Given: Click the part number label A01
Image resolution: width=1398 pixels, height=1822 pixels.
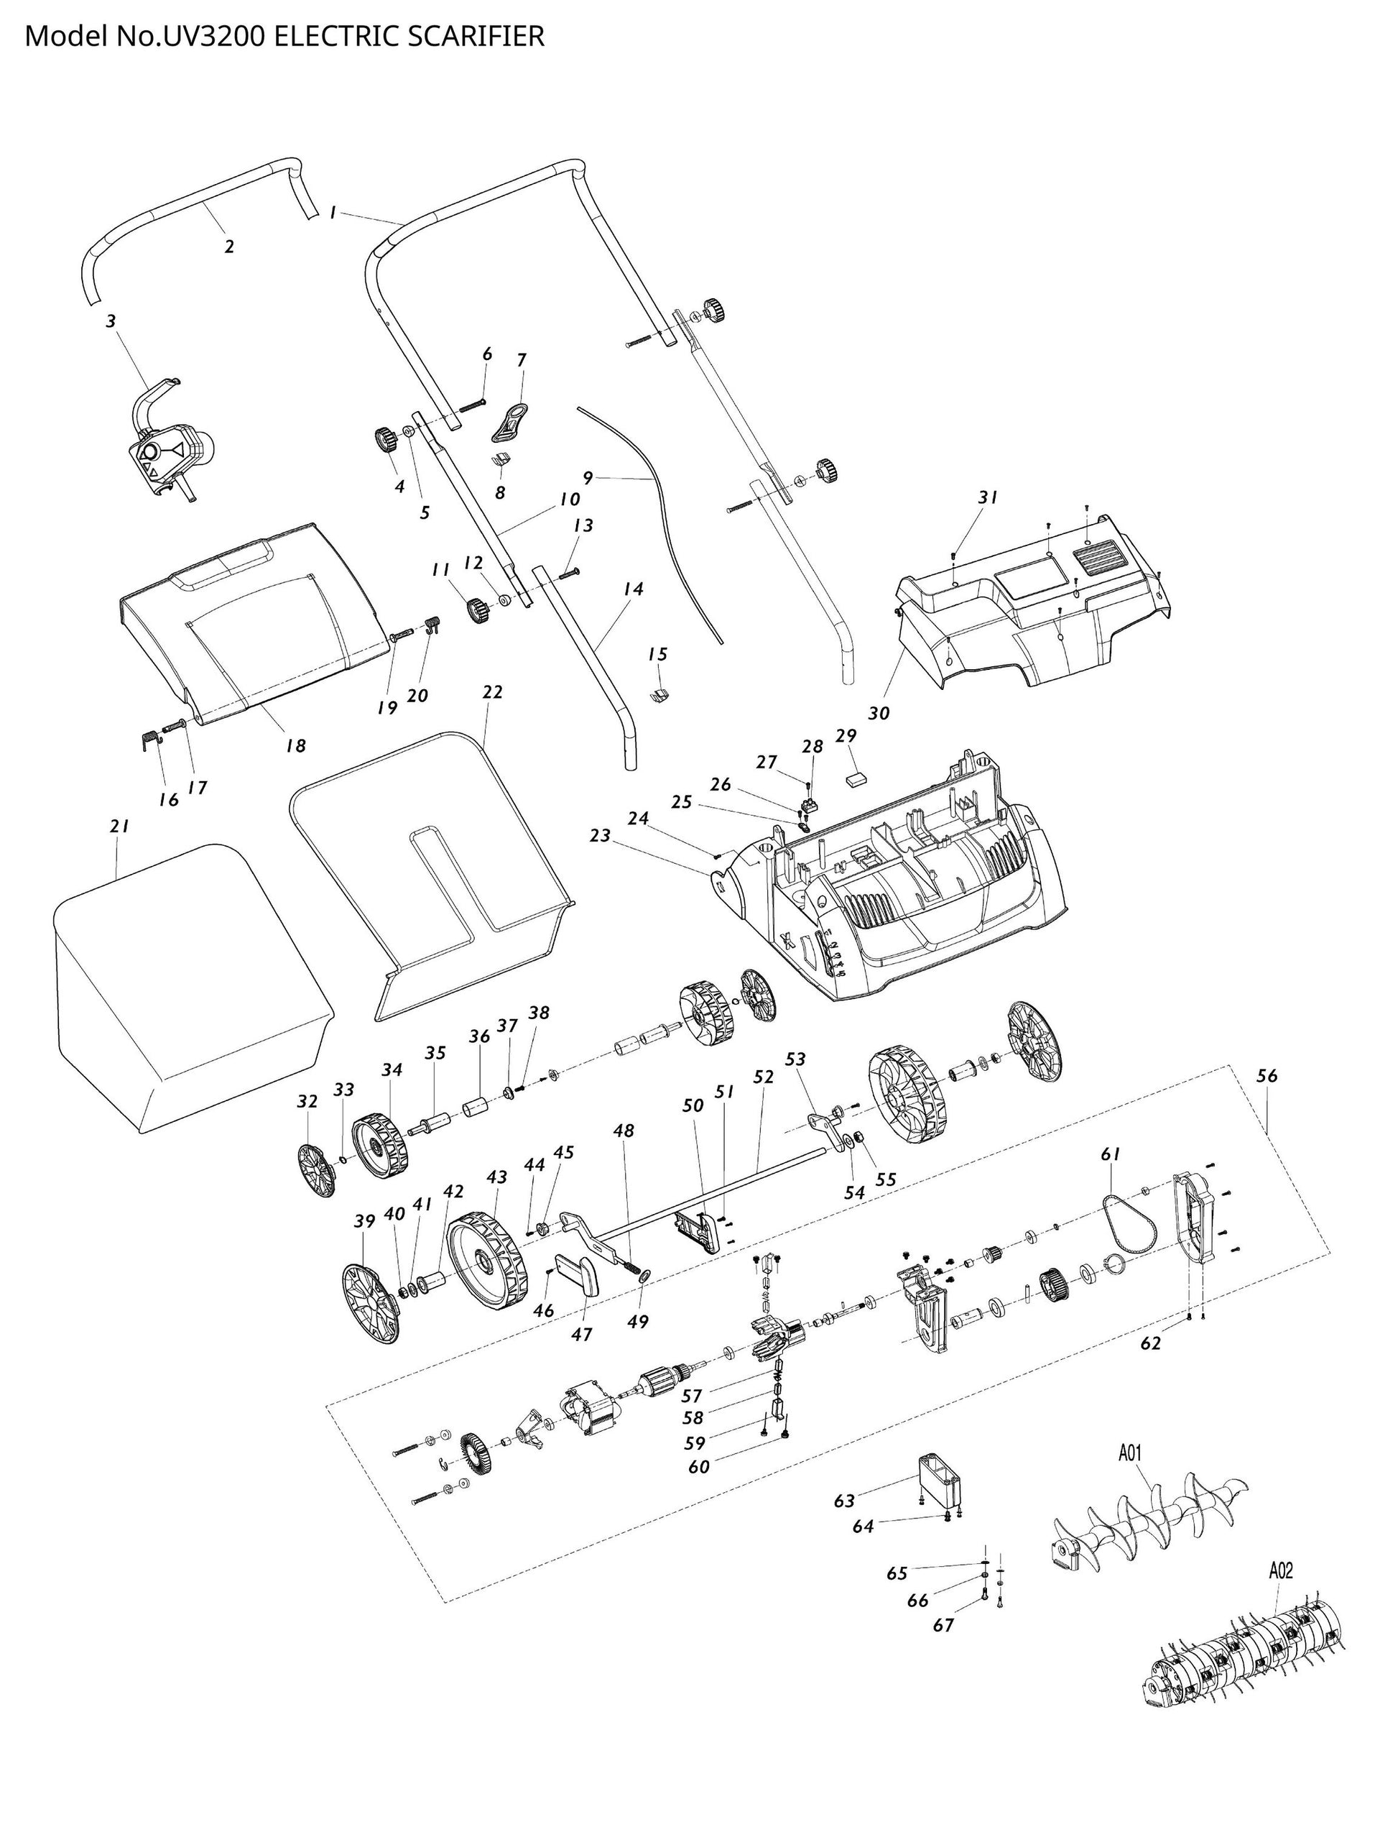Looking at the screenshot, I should coord(1129,1453).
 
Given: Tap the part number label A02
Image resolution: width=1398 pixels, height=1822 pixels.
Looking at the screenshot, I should coord(1281,1570).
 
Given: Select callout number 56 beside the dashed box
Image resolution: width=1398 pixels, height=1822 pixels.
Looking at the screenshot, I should coord(1266,1076).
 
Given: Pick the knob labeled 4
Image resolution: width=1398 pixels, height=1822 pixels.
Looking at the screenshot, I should coord(384,438).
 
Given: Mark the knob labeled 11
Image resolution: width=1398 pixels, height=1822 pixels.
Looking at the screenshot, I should coord(478,610).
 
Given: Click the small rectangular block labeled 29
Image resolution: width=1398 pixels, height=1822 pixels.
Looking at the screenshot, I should coord(856,778).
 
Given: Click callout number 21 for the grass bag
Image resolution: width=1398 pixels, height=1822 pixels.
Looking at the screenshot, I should coord(119,827).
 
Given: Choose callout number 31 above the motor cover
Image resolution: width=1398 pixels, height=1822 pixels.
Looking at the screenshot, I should coord(987,498).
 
